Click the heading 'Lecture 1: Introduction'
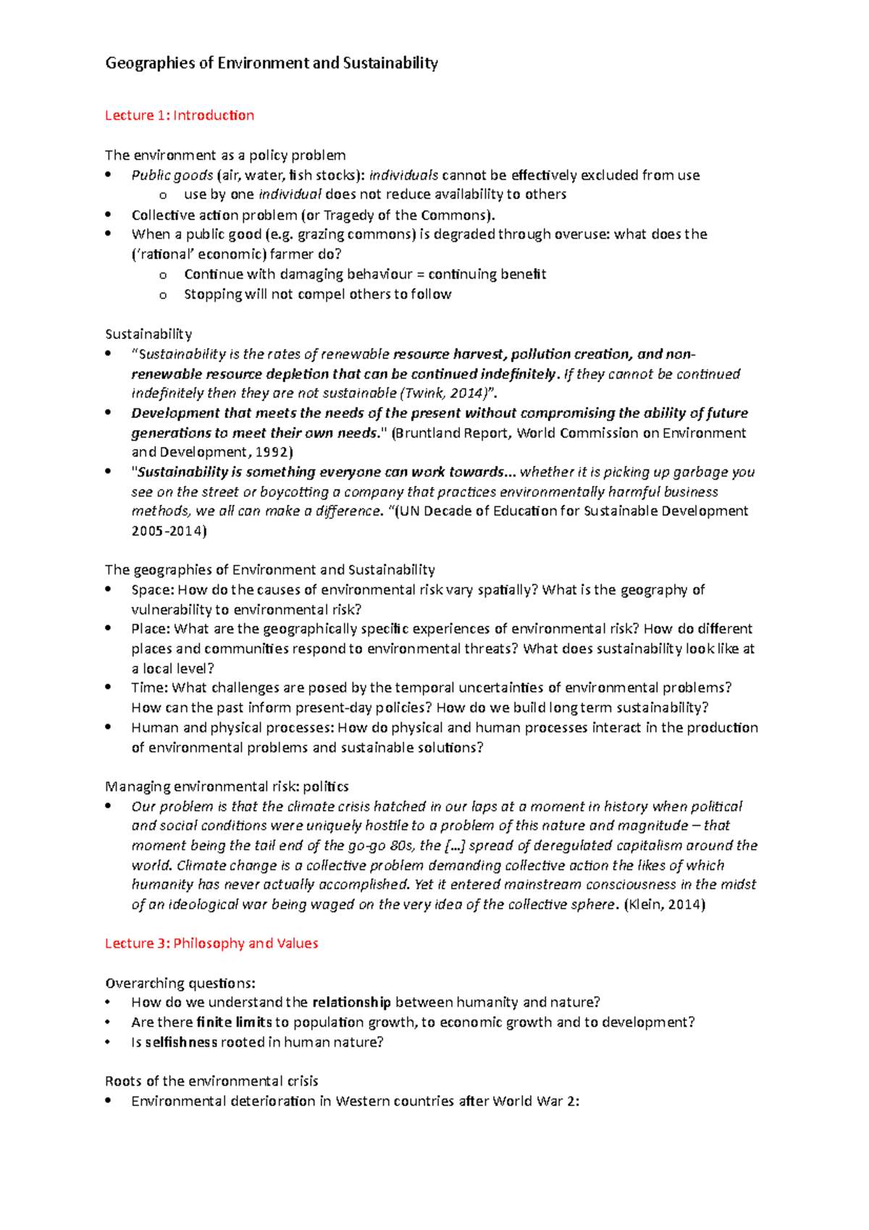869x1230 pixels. coord(180,115)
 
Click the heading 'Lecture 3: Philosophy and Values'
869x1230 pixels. coord(211,943)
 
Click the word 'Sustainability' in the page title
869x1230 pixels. coord(390,63)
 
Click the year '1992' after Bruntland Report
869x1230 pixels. coord(272,452)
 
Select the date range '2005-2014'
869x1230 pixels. coord(169,531)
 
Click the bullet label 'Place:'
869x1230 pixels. coord(151,629)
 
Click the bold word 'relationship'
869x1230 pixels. coord(351,1003)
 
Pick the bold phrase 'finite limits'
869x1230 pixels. coord(234,1022)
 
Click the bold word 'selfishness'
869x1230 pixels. coord(181,1042)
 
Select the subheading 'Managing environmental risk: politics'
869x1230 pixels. coord(227,787)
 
